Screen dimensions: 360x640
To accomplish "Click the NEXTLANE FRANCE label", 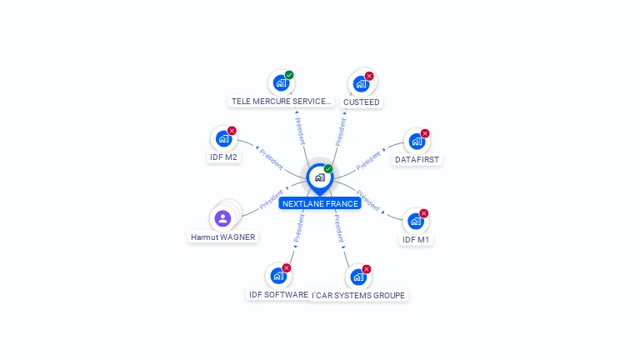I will [x=320, y=203].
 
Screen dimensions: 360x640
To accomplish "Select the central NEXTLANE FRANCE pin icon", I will [x=319, y=177].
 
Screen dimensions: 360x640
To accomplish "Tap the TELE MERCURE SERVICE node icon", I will [x=281, y=83].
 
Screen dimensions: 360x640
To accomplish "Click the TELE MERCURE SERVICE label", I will [x=281, y=102].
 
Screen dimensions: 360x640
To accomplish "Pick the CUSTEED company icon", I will [x=361, y=83].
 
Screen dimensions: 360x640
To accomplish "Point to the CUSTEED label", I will [x=361, y=102].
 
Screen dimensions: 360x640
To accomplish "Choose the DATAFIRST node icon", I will [x=417, y=142].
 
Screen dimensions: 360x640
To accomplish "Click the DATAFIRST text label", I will [x=417, y=159].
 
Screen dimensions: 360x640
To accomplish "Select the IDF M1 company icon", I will [x=416, y=222].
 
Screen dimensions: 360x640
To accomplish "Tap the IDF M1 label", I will [x=417, y=240].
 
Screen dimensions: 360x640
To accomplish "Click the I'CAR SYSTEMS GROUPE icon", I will [x=358, y=277].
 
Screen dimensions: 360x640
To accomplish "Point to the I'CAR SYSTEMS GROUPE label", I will [x=358, y=295].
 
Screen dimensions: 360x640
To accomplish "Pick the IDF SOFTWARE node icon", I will [x=278, y=276].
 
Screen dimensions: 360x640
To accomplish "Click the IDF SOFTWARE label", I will [x=278, y=294].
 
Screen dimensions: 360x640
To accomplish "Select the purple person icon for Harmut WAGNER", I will [x=222, y=218].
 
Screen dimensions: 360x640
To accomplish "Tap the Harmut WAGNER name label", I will [x=222, y=237].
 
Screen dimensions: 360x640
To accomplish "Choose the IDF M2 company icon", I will [x=223, y=138].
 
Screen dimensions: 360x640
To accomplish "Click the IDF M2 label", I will [x=223, y=157].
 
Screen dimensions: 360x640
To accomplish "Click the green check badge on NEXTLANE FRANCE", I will [x=328, y=168].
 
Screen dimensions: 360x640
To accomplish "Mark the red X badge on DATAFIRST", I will [x=425, y=133].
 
